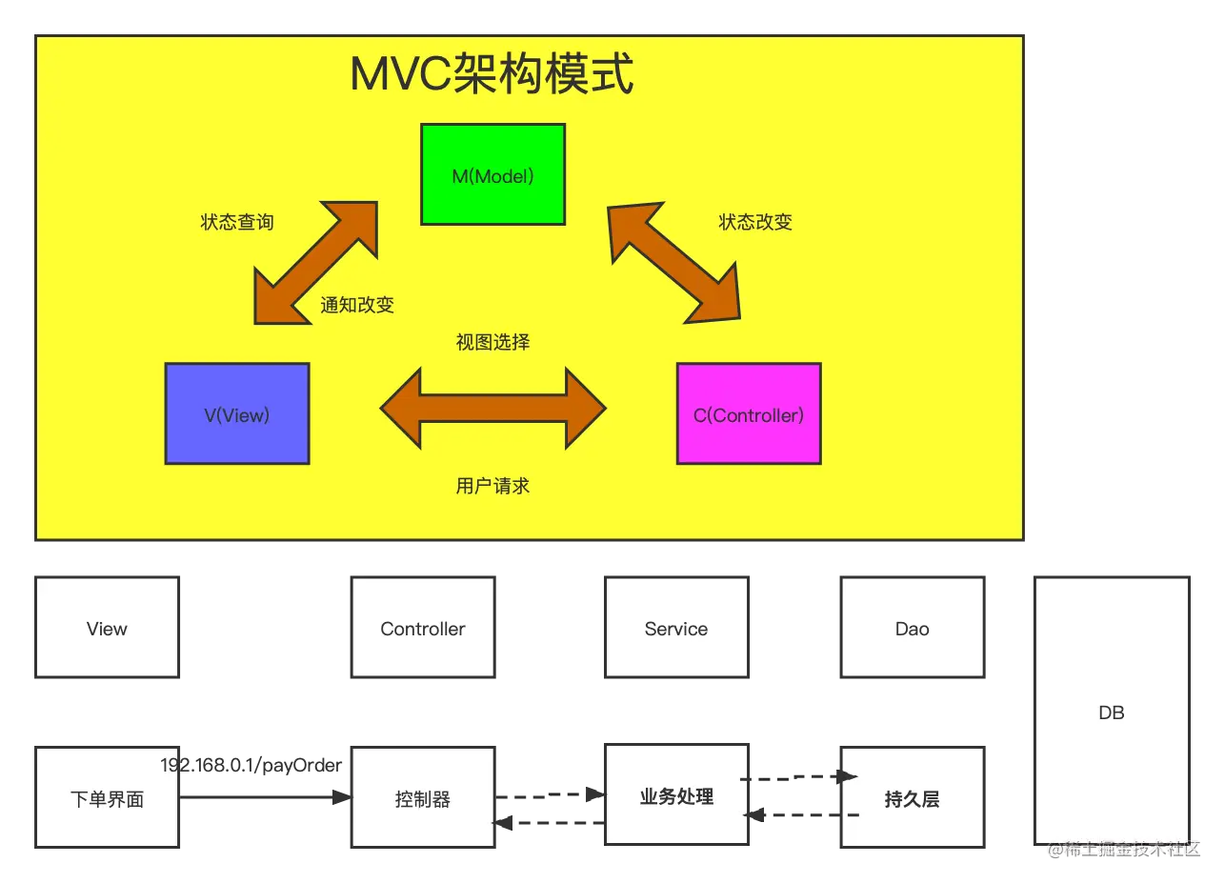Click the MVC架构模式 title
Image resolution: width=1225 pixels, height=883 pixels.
pos(492,74)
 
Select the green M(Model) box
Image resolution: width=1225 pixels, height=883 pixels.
pos(492,174)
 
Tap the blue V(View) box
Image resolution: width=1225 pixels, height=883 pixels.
pos(237,413)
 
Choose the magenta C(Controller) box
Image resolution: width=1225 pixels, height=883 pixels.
pos(749,413)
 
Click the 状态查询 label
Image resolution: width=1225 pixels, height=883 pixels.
pos(237,222)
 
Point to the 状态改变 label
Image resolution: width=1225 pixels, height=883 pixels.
pos(755,222)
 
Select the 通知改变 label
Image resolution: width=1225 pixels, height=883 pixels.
pos(357,305)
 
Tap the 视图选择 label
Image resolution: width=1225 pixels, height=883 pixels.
pos(492,342)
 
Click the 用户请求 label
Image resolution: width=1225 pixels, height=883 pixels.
pos(492,486)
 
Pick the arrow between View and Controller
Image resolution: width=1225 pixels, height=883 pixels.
pos(492,409)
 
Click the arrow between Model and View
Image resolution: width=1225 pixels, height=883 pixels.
pos(316,262)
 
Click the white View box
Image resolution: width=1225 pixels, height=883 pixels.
pos(107,628)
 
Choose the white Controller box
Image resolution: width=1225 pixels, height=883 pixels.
pos(423,628)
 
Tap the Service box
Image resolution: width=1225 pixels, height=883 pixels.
pos(676,628)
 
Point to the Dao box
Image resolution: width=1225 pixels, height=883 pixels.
pos(912,628)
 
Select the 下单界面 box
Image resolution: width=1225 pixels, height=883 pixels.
pos(107,798)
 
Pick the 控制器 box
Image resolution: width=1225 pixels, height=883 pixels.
pos(423,798)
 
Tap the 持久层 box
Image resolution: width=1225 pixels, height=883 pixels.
pos(912,798)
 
